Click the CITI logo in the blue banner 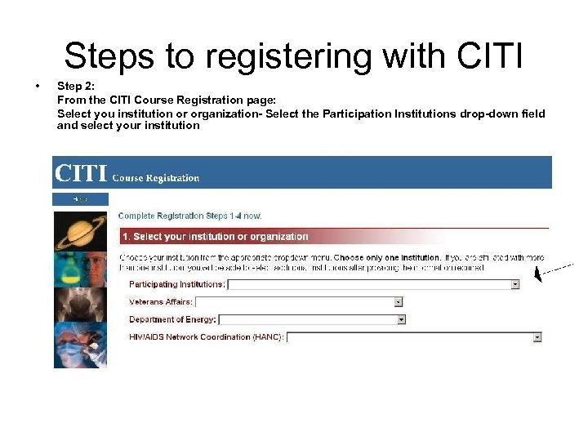(80, 174)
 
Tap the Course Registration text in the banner (155, 177)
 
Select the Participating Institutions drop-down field (368, 284)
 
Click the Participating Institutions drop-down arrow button (515, 284)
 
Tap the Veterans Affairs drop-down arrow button (399, 301)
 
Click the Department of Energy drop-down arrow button (401, 319)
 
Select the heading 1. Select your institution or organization (216, 237)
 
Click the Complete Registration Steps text (189, 216)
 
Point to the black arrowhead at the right (538, 276)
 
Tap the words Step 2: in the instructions (76, 86)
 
